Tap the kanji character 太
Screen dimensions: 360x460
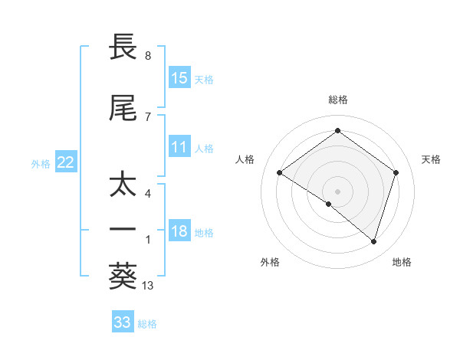click(x=123, y=185)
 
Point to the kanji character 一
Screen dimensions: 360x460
click(x=123, y=229)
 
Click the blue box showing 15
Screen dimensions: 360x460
click(x=179, y=78)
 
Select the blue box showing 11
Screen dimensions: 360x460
click(x=179, y=147)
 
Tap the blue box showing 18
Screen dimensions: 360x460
click(x=179, y=232)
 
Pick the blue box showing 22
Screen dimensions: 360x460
click(x=66, y=162)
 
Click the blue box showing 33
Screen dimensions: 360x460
click(x=123, y=322)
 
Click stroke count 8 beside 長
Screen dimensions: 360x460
click(x=148, y=56)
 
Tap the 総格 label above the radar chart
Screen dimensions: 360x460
click(x=337, y=100)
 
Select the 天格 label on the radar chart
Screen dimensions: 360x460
click(x=431, y=159)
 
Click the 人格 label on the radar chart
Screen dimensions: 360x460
click(x=245, y=159)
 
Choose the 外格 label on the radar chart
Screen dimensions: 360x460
click(x=270, y=262)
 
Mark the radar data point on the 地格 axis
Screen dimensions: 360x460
click(x=373, y=241)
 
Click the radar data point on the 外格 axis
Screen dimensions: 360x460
click(x=329, y=204)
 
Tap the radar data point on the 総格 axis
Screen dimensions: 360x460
click(x=337, y=131)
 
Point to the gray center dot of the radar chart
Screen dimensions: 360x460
click(x=337, y=191)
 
